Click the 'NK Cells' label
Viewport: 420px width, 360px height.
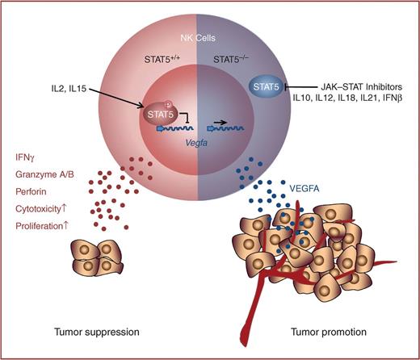[x=198, y=37]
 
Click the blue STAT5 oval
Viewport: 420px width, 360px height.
[x=260, y=84]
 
